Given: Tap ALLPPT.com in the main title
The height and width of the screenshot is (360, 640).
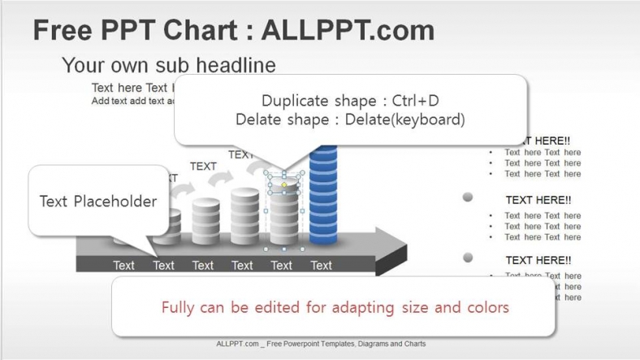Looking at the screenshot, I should tap(347, 31).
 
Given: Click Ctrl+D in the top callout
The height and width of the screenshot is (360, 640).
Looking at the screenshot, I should tap(415, 101).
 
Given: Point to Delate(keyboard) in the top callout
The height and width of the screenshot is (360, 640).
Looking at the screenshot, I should tap(404, 119).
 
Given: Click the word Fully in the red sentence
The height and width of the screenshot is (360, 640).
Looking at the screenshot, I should tap(179, 307).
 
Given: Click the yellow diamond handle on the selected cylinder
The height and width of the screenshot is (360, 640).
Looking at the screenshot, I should tap(283, 186).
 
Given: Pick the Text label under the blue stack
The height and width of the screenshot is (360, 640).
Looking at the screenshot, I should tap(321, 265).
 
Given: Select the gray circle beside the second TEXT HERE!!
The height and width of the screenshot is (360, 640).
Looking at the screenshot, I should tap(468, 197).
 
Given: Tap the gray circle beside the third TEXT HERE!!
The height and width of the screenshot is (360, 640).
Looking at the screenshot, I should tap(468, 258).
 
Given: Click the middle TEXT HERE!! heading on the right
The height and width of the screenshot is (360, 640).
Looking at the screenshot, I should tap(538, 199).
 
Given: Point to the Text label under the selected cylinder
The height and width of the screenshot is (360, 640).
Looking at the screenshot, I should tap(282, 265).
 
